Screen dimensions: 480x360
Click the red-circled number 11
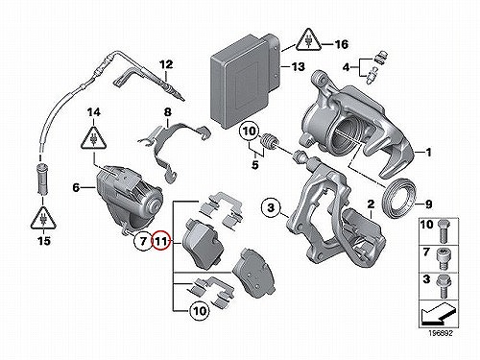pos(160,241)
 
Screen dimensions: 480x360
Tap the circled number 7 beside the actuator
pos(143,240)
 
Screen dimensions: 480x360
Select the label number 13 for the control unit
pos(299,67)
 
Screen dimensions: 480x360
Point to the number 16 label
pos(341,44)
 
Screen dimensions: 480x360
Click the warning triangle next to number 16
pos(308,40)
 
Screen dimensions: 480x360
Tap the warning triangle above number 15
pos(43,219)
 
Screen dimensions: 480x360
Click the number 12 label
pos(166,64)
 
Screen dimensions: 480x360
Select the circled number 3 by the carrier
pos(271,208)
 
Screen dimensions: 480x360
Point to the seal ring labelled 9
pos(399,199)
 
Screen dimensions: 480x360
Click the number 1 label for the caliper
pos(428,153)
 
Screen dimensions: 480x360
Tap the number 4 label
pos(346,67)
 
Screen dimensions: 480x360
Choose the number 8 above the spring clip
pos(167,112)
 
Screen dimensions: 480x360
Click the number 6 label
pos(76,187)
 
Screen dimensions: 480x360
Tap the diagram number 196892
pos(441,333)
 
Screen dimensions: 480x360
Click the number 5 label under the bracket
pos(254,165)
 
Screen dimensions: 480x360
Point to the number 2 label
pos(371,204)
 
